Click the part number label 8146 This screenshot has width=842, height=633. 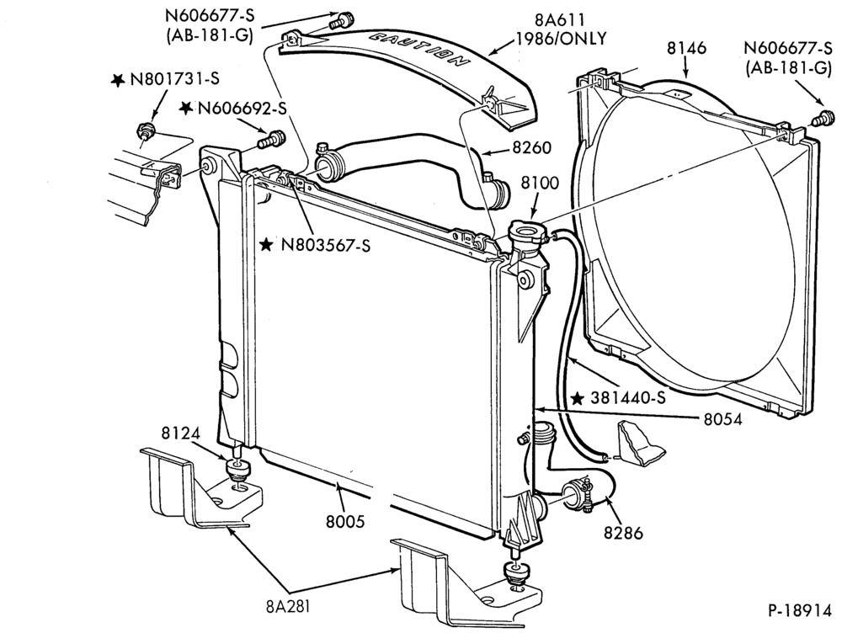coord(687,48)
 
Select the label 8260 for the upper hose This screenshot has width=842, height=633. coord(531,147)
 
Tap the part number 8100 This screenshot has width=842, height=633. coord(540,183)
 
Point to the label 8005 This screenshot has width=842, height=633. coord(345,521)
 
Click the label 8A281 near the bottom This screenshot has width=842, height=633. coord(288,606)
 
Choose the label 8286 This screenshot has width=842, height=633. coord(623,533)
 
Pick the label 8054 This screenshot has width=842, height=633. coord(722,419)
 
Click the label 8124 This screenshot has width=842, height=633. coord(181,433)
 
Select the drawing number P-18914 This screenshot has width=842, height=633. coord(799,611)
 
